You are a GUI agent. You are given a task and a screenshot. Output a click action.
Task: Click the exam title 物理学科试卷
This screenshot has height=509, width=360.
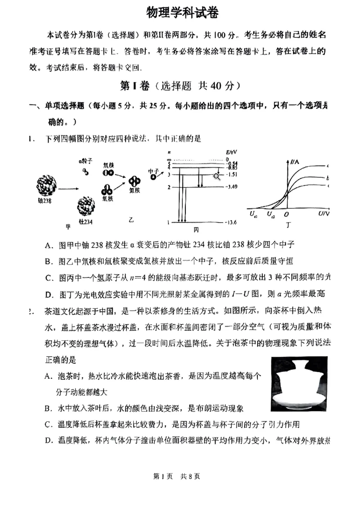click(x=182, y=13)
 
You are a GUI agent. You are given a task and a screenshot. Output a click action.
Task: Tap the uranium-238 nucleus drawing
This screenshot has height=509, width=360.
click(x=47, y=184)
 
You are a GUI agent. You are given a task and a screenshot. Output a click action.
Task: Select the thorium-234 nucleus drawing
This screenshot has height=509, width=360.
click(x=85, y=206)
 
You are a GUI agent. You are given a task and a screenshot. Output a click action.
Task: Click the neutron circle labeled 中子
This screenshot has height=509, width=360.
click(x=153, y=177)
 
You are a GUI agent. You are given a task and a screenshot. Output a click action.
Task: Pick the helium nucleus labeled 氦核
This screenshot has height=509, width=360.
click(x=135, y=181)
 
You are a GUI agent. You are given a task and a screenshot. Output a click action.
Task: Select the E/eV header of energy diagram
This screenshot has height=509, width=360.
click(x=231, y=153)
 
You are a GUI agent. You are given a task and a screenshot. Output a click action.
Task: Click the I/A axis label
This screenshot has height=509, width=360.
click(x=296, y=161)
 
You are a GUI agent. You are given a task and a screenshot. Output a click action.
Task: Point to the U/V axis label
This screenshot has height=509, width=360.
click(x=323, y=214)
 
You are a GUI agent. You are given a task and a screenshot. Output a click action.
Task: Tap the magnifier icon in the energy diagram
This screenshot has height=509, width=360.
click(x=217, y=176)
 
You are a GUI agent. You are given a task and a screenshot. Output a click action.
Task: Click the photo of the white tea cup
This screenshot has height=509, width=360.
click(x=299, y=384)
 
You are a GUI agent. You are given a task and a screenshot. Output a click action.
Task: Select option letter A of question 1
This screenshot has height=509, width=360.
click(x=48, y=245)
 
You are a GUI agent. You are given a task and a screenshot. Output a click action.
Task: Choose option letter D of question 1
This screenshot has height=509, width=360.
click(x=48, y=294)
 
